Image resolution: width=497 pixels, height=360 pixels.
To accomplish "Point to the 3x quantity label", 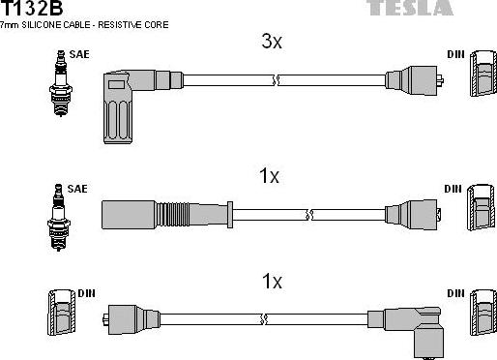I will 272,42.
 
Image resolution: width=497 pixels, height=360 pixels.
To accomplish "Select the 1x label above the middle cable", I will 269,176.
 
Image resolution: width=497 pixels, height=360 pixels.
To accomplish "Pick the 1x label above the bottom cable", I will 272,282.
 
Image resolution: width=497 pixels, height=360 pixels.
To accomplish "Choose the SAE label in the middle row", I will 78,186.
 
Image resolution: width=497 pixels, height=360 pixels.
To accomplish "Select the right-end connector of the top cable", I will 413,80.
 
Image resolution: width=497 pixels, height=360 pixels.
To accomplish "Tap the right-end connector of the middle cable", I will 413,212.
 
